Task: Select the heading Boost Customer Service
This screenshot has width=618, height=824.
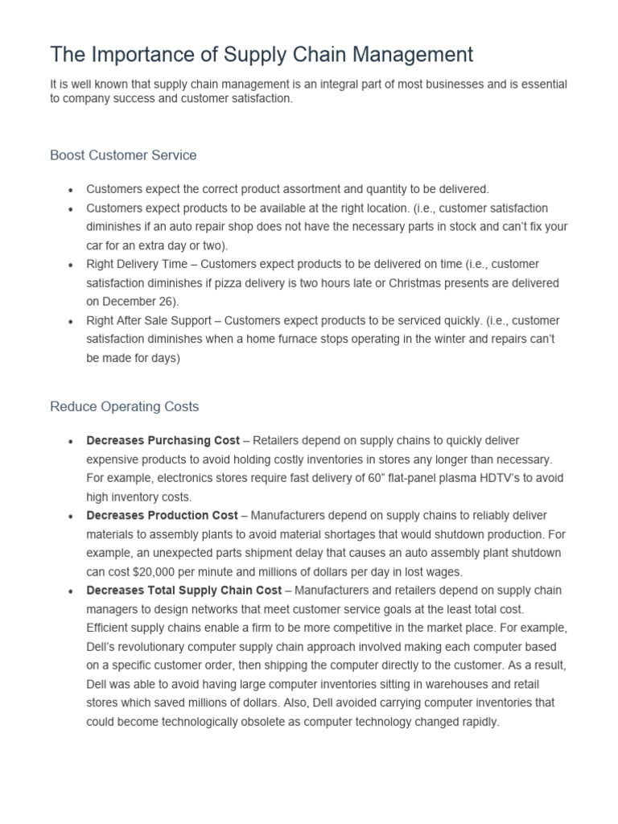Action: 123,154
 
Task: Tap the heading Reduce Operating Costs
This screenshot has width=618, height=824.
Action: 124,406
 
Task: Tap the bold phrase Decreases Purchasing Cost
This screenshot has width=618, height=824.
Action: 163,440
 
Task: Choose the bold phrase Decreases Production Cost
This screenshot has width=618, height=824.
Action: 162,515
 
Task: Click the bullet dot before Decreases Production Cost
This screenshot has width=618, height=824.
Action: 71,516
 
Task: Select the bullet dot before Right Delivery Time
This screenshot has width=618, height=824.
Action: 71,265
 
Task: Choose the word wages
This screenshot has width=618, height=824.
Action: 447,571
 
